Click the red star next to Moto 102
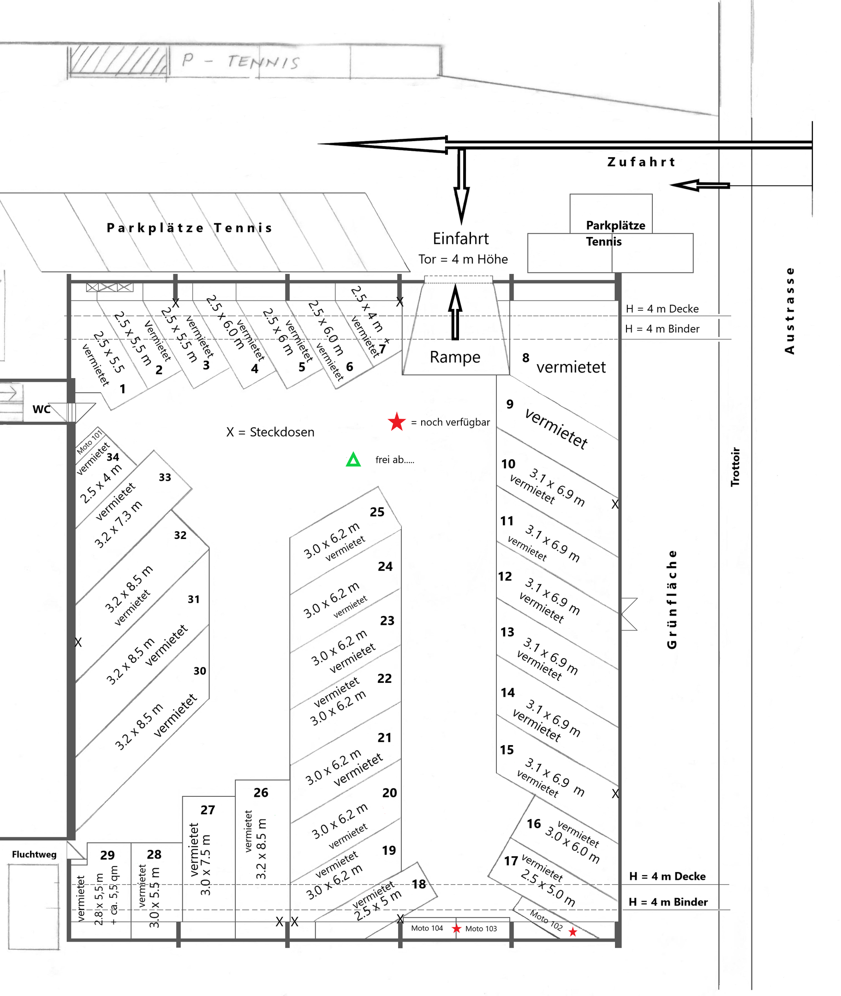pyautogui.click(x=573, y=931)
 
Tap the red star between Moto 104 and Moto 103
pyautogui.click(x=456, y=928)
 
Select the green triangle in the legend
pyautogui.click(x=353, y=460)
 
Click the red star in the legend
pyautogui.click(x=397, y=422)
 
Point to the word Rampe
pyautogui.click(x=455, y=357)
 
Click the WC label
pyautogui.click(x=42, y=409)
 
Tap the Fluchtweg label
pyautogui.click(x=34, y=854)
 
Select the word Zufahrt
pyautogui.click(x=641, y=162)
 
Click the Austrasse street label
pyautogui.click(x=789, y=311)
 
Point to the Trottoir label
pyautogui.click(x=735, y=467)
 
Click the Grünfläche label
pyautogui.click(x=672, y=599)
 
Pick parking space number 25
pyautogui.click(x=376, y=512)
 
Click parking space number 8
pyautogui.click(x=525, y=357)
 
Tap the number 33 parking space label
pyautogui.click(x=165, y=477)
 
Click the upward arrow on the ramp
pyautogui.click(x=455, y=312)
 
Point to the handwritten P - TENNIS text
pyautogui.click(x=241, y=61)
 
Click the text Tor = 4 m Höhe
pyautogui.click(x=463, y=259)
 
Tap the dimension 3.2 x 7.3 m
pyautogui.click(x=118, y=524)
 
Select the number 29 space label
pyautogui.click(x=107, y=855)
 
